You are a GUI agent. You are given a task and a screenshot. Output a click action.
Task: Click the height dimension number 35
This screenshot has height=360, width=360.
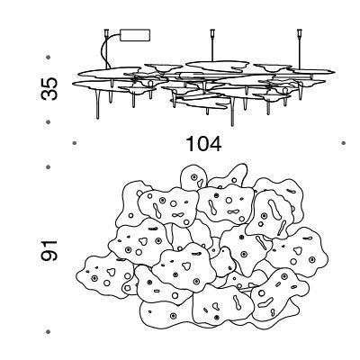pos(49,89)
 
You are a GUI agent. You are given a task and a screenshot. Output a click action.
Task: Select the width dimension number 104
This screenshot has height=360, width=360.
pos(204,144)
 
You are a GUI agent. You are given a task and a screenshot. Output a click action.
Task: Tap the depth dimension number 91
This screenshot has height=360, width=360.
pos(49,250)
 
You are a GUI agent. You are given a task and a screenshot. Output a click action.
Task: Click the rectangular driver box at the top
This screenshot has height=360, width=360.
pos(135,35)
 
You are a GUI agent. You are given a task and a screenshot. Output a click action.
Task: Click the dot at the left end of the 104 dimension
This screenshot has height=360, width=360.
pos(75,143)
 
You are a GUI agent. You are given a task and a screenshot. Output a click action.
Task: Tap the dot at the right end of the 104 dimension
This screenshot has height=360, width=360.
pos(344,143)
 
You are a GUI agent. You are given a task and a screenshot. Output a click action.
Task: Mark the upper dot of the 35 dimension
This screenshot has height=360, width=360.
pos(49,57)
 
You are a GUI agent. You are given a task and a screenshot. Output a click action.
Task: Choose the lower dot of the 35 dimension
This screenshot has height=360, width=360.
pos(49,122)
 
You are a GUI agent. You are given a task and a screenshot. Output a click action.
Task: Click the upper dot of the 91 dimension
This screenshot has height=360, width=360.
pos(49,166)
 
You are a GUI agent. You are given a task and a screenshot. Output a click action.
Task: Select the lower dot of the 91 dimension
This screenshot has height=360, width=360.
pos(49,331)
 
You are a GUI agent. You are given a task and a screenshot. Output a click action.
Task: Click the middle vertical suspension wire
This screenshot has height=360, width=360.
pos(212,48)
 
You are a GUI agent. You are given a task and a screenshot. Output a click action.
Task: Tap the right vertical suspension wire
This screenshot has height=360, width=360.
pos(299,52)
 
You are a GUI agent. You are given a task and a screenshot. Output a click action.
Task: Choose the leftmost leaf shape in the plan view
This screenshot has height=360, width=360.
pos(105,276)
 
